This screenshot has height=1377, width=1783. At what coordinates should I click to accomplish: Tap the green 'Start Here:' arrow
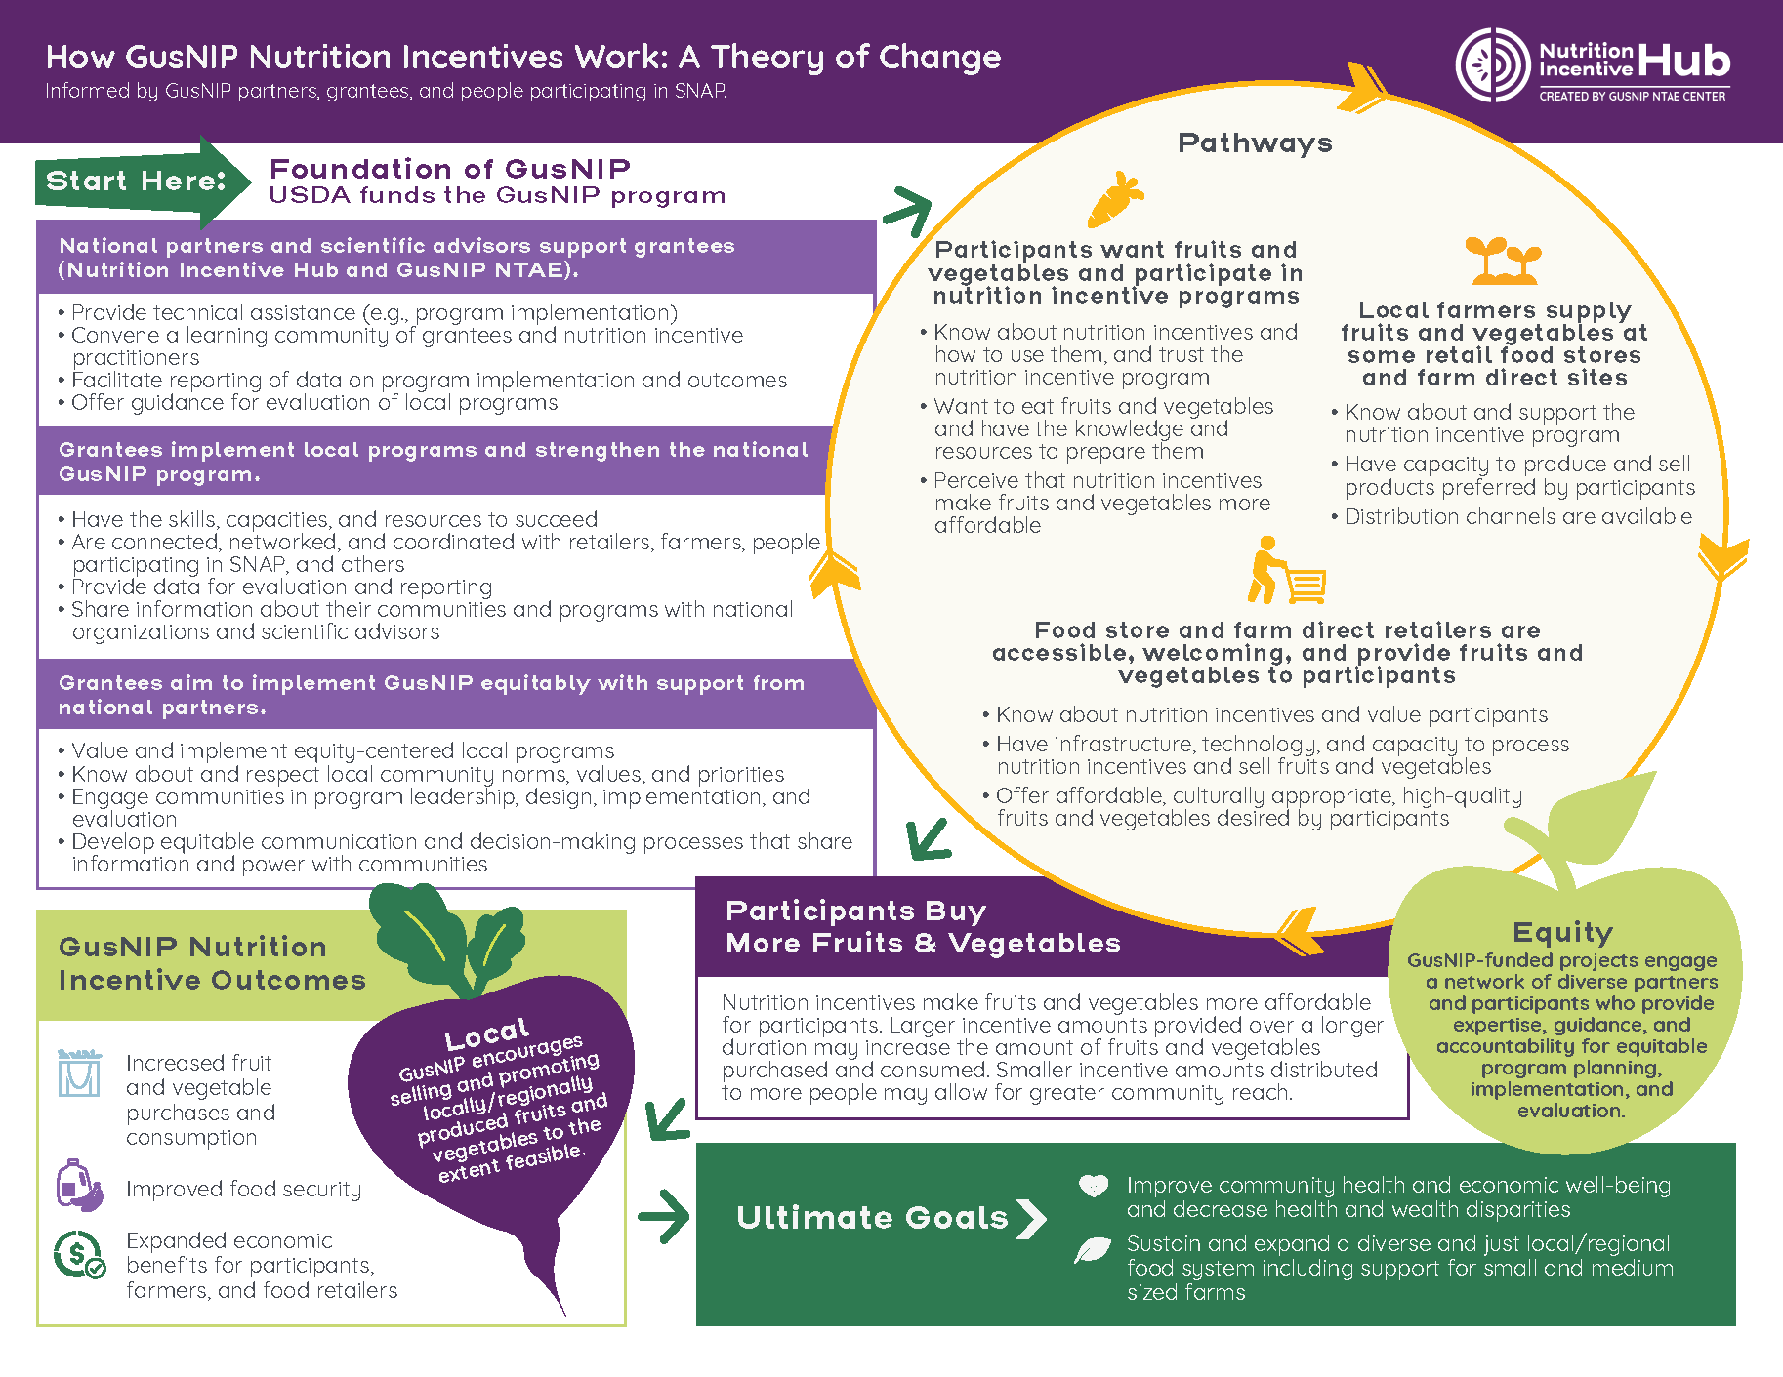click(x=142, y=182)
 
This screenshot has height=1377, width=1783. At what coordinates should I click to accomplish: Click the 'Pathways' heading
click(x=1255, y=142)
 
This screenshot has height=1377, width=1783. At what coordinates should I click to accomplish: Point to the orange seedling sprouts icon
click(x=1503, y=261)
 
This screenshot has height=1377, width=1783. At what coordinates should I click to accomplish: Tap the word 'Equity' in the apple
click(x=1562, y=933)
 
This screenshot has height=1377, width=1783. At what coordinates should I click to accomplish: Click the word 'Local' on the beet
click(x=486, y=1033)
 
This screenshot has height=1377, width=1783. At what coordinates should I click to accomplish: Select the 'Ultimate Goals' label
click(x=872, y=1218)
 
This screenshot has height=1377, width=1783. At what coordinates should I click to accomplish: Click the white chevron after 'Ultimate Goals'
click(x=1031, y=1219)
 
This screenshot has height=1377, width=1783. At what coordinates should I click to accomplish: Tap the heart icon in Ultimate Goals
click(x=1094, y=1186)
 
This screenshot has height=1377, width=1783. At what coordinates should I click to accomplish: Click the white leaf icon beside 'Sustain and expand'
click(x=1093, y=1250)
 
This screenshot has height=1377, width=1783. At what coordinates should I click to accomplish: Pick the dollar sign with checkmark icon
click(x=79, y=1255)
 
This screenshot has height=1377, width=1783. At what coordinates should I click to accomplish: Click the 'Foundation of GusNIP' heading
click(x=450, y=169)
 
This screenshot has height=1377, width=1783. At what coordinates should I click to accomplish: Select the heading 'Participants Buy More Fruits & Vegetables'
click(x=923, y=927)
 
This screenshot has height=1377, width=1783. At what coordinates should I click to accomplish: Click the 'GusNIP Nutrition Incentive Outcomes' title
click(x=212, y=963)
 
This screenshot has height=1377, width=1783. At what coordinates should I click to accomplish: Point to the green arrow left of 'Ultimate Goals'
click(x=664, y=1217)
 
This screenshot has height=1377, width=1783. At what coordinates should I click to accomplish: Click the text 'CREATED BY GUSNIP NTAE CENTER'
click(x=1633, y=96)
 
